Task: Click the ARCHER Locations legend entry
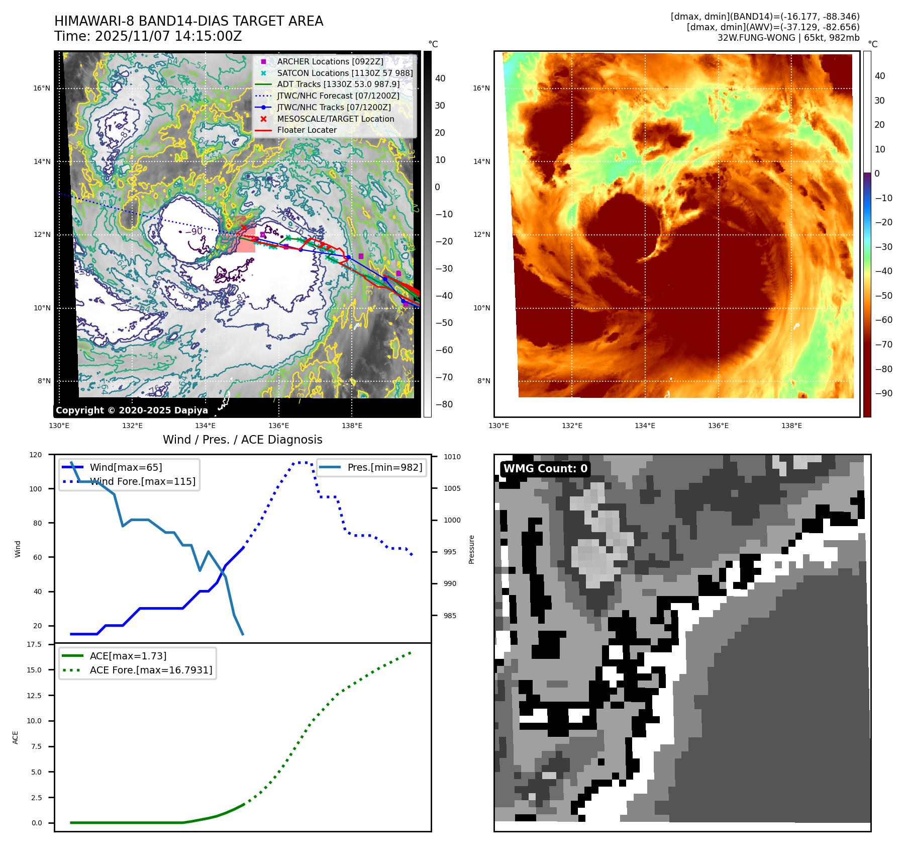330,61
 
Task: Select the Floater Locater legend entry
307,130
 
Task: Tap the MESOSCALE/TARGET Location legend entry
335,119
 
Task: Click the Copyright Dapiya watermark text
132,410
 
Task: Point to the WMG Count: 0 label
545,469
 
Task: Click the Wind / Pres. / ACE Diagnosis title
242,440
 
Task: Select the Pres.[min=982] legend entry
384,467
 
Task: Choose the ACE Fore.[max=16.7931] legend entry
151,670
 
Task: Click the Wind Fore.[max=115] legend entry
143,481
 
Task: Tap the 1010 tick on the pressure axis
452,457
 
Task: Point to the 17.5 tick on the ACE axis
34,644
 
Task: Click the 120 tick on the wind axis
36,455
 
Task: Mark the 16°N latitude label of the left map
42,88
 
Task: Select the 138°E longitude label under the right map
791,426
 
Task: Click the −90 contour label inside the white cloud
194,231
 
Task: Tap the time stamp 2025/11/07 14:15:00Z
168,36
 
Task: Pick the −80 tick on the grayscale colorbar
444,404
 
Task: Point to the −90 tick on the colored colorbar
883,393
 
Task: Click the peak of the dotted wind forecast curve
300,462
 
